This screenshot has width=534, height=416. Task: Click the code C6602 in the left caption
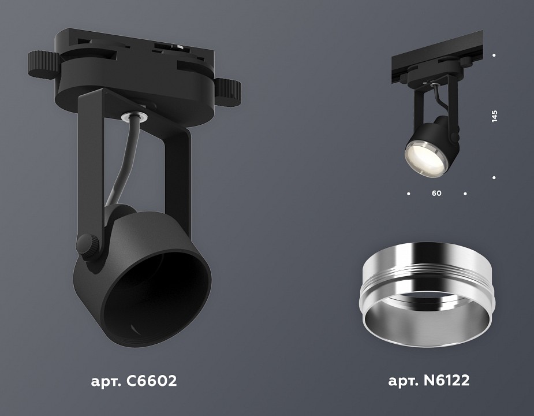tap(148, 381)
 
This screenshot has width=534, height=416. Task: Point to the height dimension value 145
tap(494, 116)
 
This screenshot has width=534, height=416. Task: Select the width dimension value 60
tap(436, 194)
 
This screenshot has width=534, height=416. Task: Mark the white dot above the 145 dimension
tap(494, 55)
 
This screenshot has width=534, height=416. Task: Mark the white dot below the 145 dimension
tap(494, 177)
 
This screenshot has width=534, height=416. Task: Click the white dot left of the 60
tap(408, 194)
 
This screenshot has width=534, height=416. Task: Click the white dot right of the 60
tap(465, 194)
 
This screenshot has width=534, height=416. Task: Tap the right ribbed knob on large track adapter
tap(229, 90)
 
